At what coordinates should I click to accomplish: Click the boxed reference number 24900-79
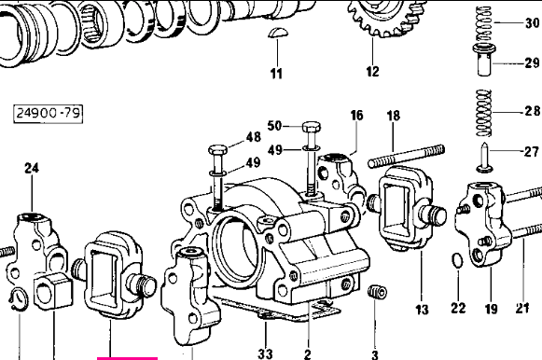click(49, 113)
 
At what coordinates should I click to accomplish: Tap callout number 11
click(276, 74)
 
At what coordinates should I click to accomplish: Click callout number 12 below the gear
click(372, 71)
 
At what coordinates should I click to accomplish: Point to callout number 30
click(533, 23)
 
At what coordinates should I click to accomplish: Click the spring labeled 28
click(484, 113)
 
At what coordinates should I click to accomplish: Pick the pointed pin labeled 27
click(484, 158)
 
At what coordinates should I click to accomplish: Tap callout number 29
click(533, 62)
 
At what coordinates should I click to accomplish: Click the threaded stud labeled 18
click(406, 157)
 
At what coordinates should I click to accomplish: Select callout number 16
click(356, 116)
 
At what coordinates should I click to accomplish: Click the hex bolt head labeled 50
click(312, 127)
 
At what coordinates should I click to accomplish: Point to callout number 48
click(254, 137)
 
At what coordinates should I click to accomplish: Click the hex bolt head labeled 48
click(218, 150)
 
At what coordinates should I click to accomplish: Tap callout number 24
click(32, 168)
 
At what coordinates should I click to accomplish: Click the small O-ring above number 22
click(457, 260)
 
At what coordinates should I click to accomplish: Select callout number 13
click(422, 309)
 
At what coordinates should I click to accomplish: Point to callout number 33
click(265, 353)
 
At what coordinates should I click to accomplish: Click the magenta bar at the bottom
click(127, 359)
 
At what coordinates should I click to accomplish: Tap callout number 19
click(491, 309)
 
